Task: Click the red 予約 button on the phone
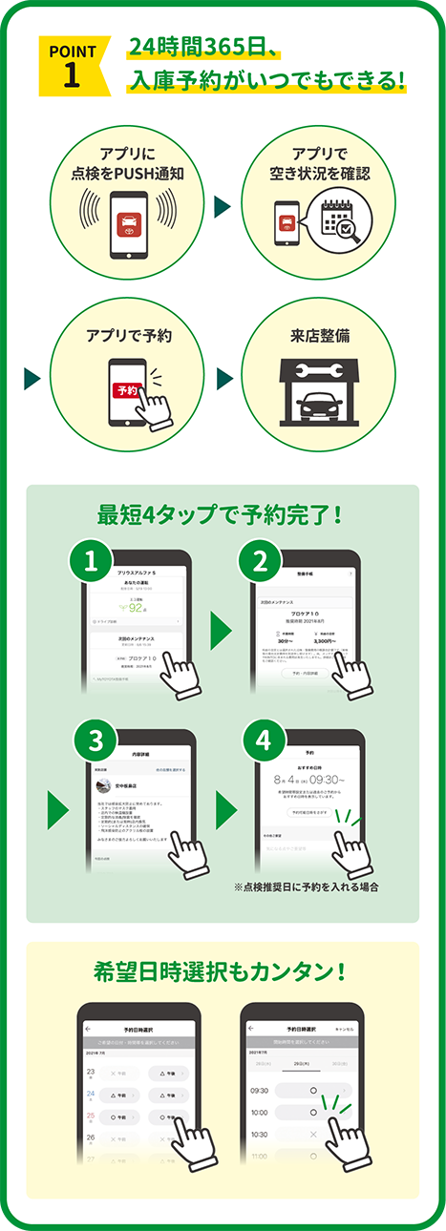click(126, 389)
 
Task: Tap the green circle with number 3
click(93, 742)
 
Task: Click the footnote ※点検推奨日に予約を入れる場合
click(306, 887)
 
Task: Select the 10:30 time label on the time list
click(259, 1135)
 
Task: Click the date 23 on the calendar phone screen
click(91, 1073)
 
